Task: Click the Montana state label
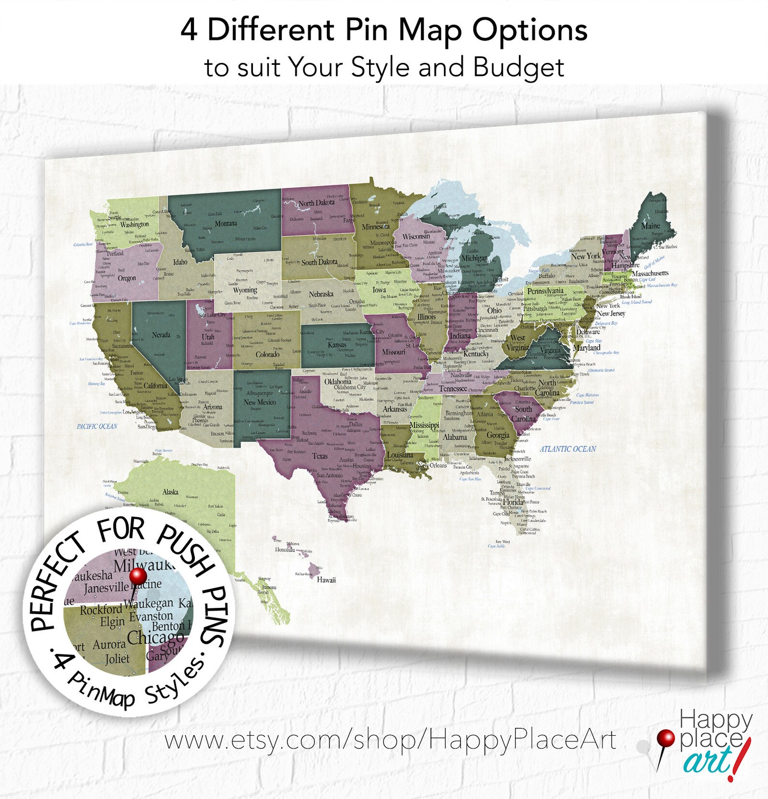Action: (x=226, y=223)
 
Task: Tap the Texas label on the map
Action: (x=320, y=456)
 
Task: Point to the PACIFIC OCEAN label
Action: (x=97, y=426)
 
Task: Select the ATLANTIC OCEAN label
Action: (x=568, y=449)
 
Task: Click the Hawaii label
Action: (x=326, y=580)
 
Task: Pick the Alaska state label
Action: (x=170, y=492)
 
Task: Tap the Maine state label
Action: (x=650, y=226)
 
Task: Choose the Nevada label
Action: (x=161, y=335)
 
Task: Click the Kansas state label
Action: (x=337, y=345)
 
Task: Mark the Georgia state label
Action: (x=498, y=435)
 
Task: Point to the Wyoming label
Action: (x=245, y=290)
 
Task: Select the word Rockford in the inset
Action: (x=101, y=610)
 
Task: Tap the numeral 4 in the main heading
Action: (x=189, y=30)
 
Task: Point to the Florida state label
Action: (x=513, y=502)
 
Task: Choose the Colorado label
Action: (x=267, y=355)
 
